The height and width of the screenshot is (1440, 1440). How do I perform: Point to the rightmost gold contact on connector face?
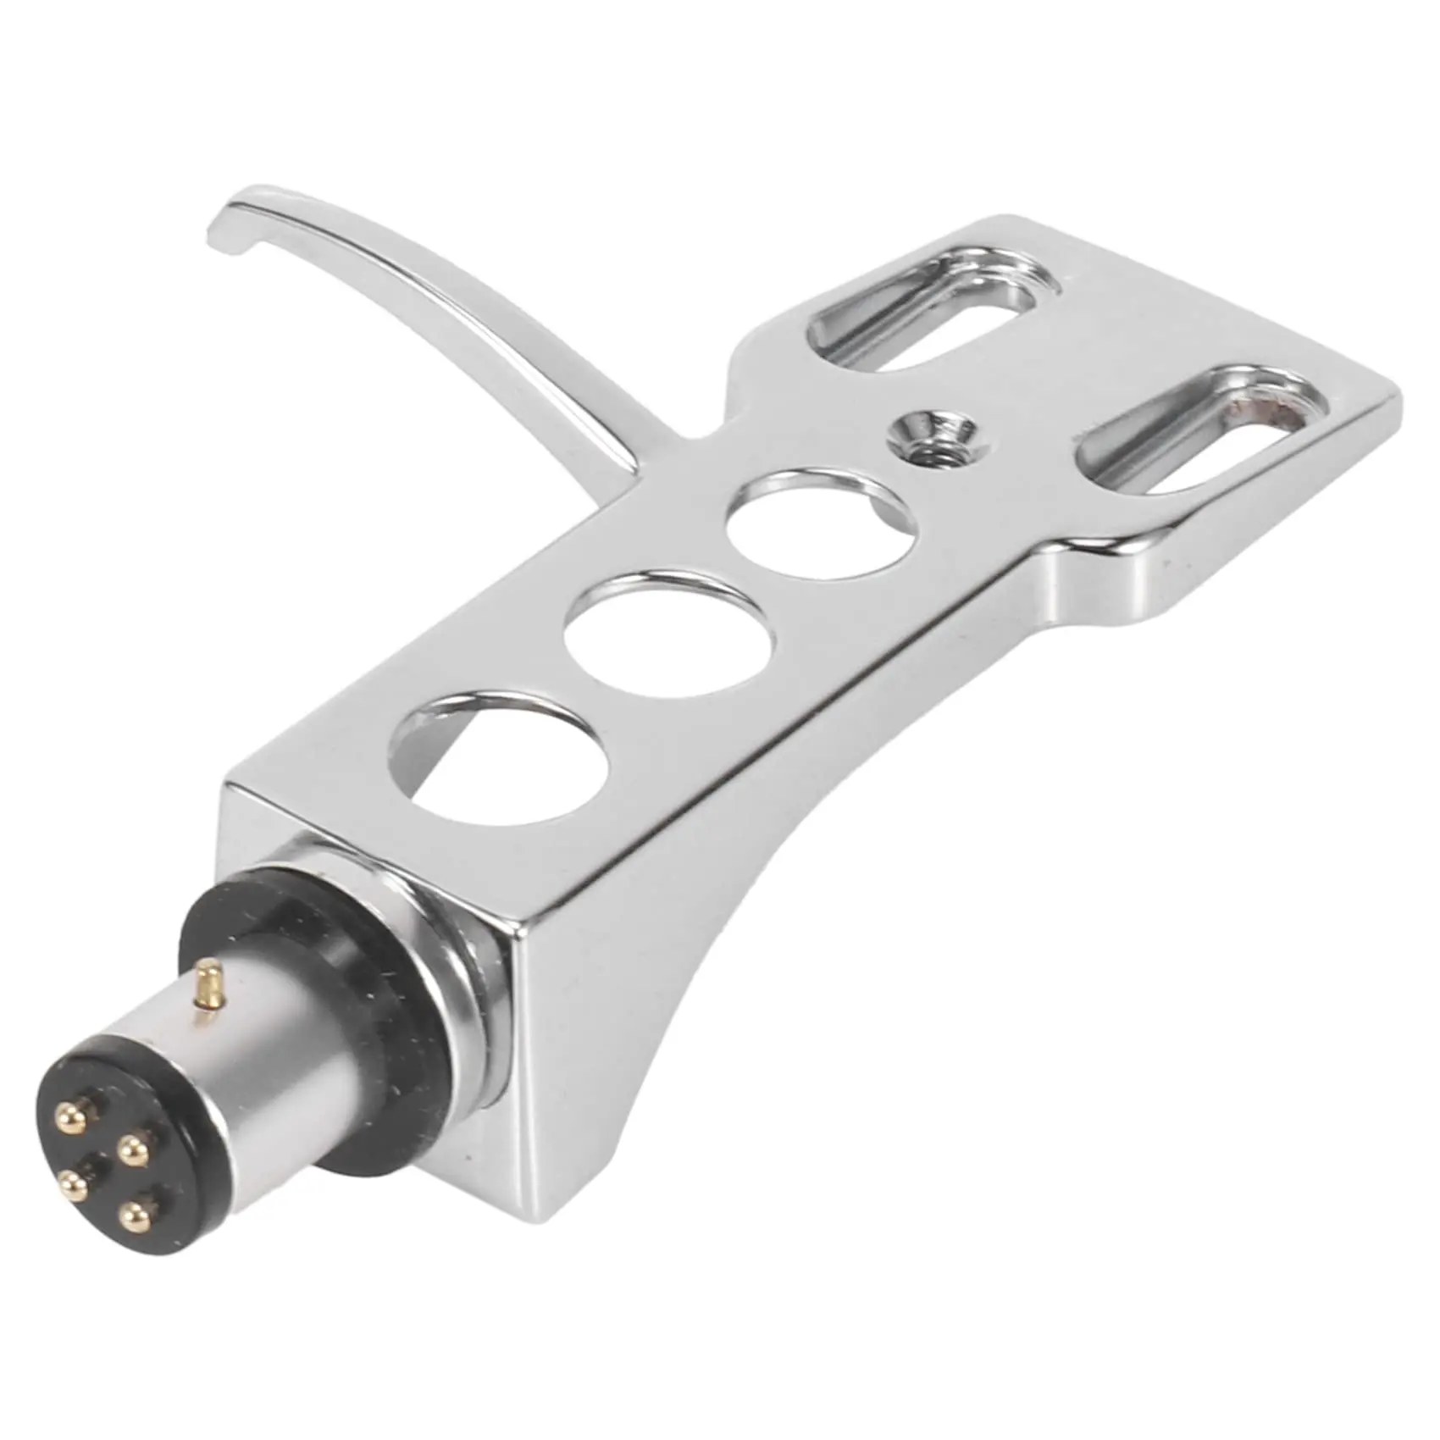coord(132,1150)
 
